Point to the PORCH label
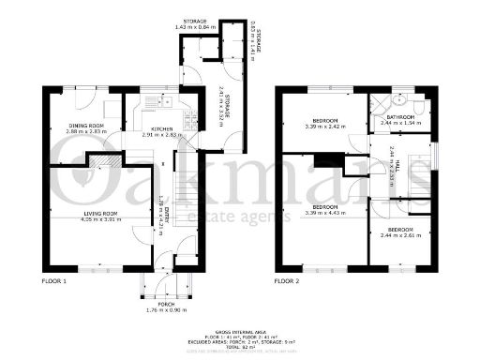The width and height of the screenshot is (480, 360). click(167, 304)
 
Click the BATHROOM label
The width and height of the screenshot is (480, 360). click(397, 117)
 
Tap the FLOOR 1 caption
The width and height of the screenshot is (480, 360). click(54, 280)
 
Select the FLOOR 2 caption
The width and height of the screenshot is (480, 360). click(286, 280)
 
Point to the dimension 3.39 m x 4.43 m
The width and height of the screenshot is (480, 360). click(325, 214)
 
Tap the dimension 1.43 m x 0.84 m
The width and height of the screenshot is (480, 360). click(195, 26)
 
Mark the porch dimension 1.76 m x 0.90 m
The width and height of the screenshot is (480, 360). click(167, 310)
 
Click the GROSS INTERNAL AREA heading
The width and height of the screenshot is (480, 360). click(240, 333)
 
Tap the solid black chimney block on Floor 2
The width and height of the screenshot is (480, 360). click(326, 160)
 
